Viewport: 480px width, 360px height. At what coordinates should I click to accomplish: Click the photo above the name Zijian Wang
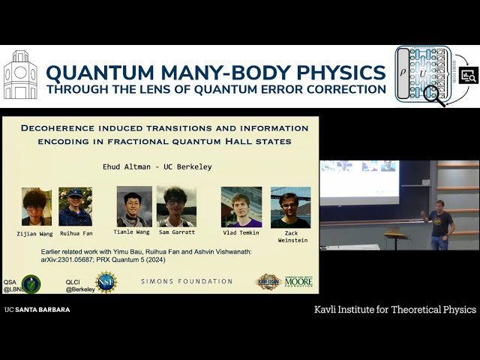point(37,206)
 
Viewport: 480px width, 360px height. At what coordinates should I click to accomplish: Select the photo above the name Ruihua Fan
point(76,206)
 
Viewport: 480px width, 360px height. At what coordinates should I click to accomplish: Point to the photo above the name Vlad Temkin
point(241,206)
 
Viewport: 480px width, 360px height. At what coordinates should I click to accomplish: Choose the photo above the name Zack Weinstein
point(290,206)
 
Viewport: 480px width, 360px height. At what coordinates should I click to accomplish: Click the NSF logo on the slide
point(106,283)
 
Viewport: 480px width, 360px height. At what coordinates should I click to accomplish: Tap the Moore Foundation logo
point(298,281)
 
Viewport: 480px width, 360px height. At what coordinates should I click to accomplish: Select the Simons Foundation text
point(187,281)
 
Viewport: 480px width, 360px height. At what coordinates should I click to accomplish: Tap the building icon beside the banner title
point(20,75)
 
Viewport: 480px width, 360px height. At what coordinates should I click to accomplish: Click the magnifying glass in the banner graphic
point(434,95)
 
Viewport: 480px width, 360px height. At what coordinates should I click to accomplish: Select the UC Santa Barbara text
point(37,309)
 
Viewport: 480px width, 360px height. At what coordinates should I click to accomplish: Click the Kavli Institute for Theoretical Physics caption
point(394,309)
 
